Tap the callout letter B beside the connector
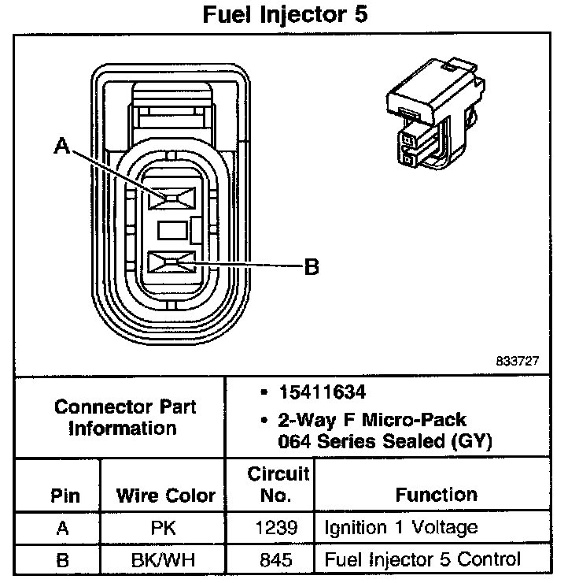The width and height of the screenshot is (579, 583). click(312, 268)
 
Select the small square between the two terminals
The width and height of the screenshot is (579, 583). click(170, 231)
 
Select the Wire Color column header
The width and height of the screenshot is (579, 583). click(165, 496)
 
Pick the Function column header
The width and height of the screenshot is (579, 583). click(436, 495)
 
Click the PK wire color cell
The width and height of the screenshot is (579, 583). click(165, 528)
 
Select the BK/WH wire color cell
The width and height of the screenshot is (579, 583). click(165, 560)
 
